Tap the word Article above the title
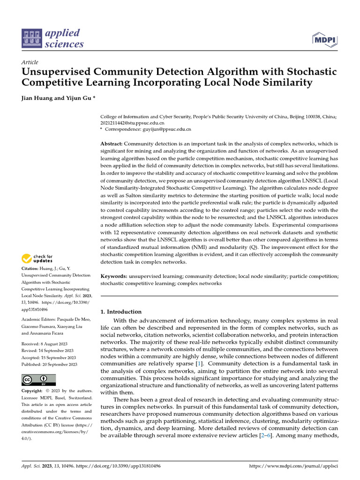(x=30, y=62)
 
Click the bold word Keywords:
(x=114, y=277)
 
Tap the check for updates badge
(x=37, y=258)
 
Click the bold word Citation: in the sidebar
(x=32, y=268)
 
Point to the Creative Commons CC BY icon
(x=38, y=380)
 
